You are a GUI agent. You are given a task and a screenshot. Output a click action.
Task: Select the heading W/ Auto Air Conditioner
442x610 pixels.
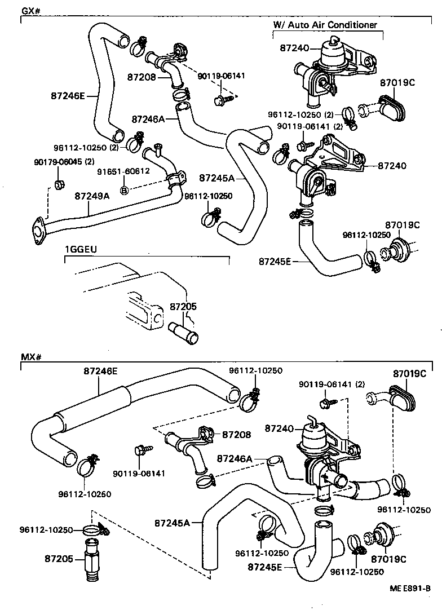pos(325,25)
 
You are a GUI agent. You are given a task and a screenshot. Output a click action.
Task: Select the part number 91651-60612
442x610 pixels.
pos(123,171)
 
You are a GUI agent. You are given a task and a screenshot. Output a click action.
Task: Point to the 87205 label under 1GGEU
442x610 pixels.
pos(183,307)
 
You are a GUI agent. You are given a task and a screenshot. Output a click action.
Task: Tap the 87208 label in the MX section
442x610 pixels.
pos(236,435)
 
